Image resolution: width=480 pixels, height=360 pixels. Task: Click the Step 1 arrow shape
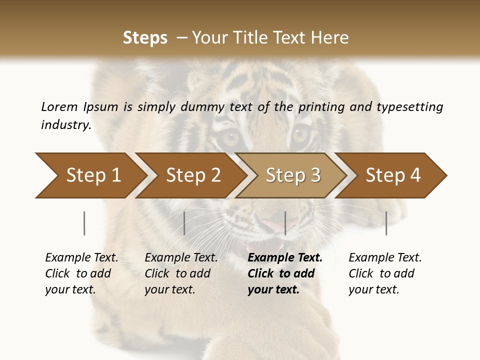pyautogui.click(x=90, y=175)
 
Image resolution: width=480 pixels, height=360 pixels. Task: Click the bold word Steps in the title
pyautogui.click(x=145, y=38)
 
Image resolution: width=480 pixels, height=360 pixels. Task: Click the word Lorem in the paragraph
pyautogui.click(x=59, y=106)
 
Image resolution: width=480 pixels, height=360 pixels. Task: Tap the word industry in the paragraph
pyautogui.click(x=66, y=125)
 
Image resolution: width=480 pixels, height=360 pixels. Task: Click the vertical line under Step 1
pyautogui.click(x=84, y=223)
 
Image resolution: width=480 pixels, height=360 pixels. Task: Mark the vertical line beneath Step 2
pyautogui.click(x=184, y=223)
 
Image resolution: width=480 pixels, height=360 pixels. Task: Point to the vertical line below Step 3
pyautogui.click(x=285, y=223)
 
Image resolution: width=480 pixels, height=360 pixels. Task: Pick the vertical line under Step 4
pyautogui.click(x=386, y=223)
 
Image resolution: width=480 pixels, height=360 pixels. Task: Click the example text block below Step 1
pyautogui.click(x=81, y=273)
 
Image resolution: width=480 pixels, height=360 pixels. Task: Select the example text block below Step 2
pyautogui.click(x=181, y=273)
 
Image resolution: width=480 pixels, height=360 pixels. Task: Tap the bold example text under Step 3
pyautogui.click(x=284, y=273)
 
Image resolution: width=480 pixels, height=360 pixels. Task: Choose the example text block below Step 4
pyautogui.click(x=385, y=273)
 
